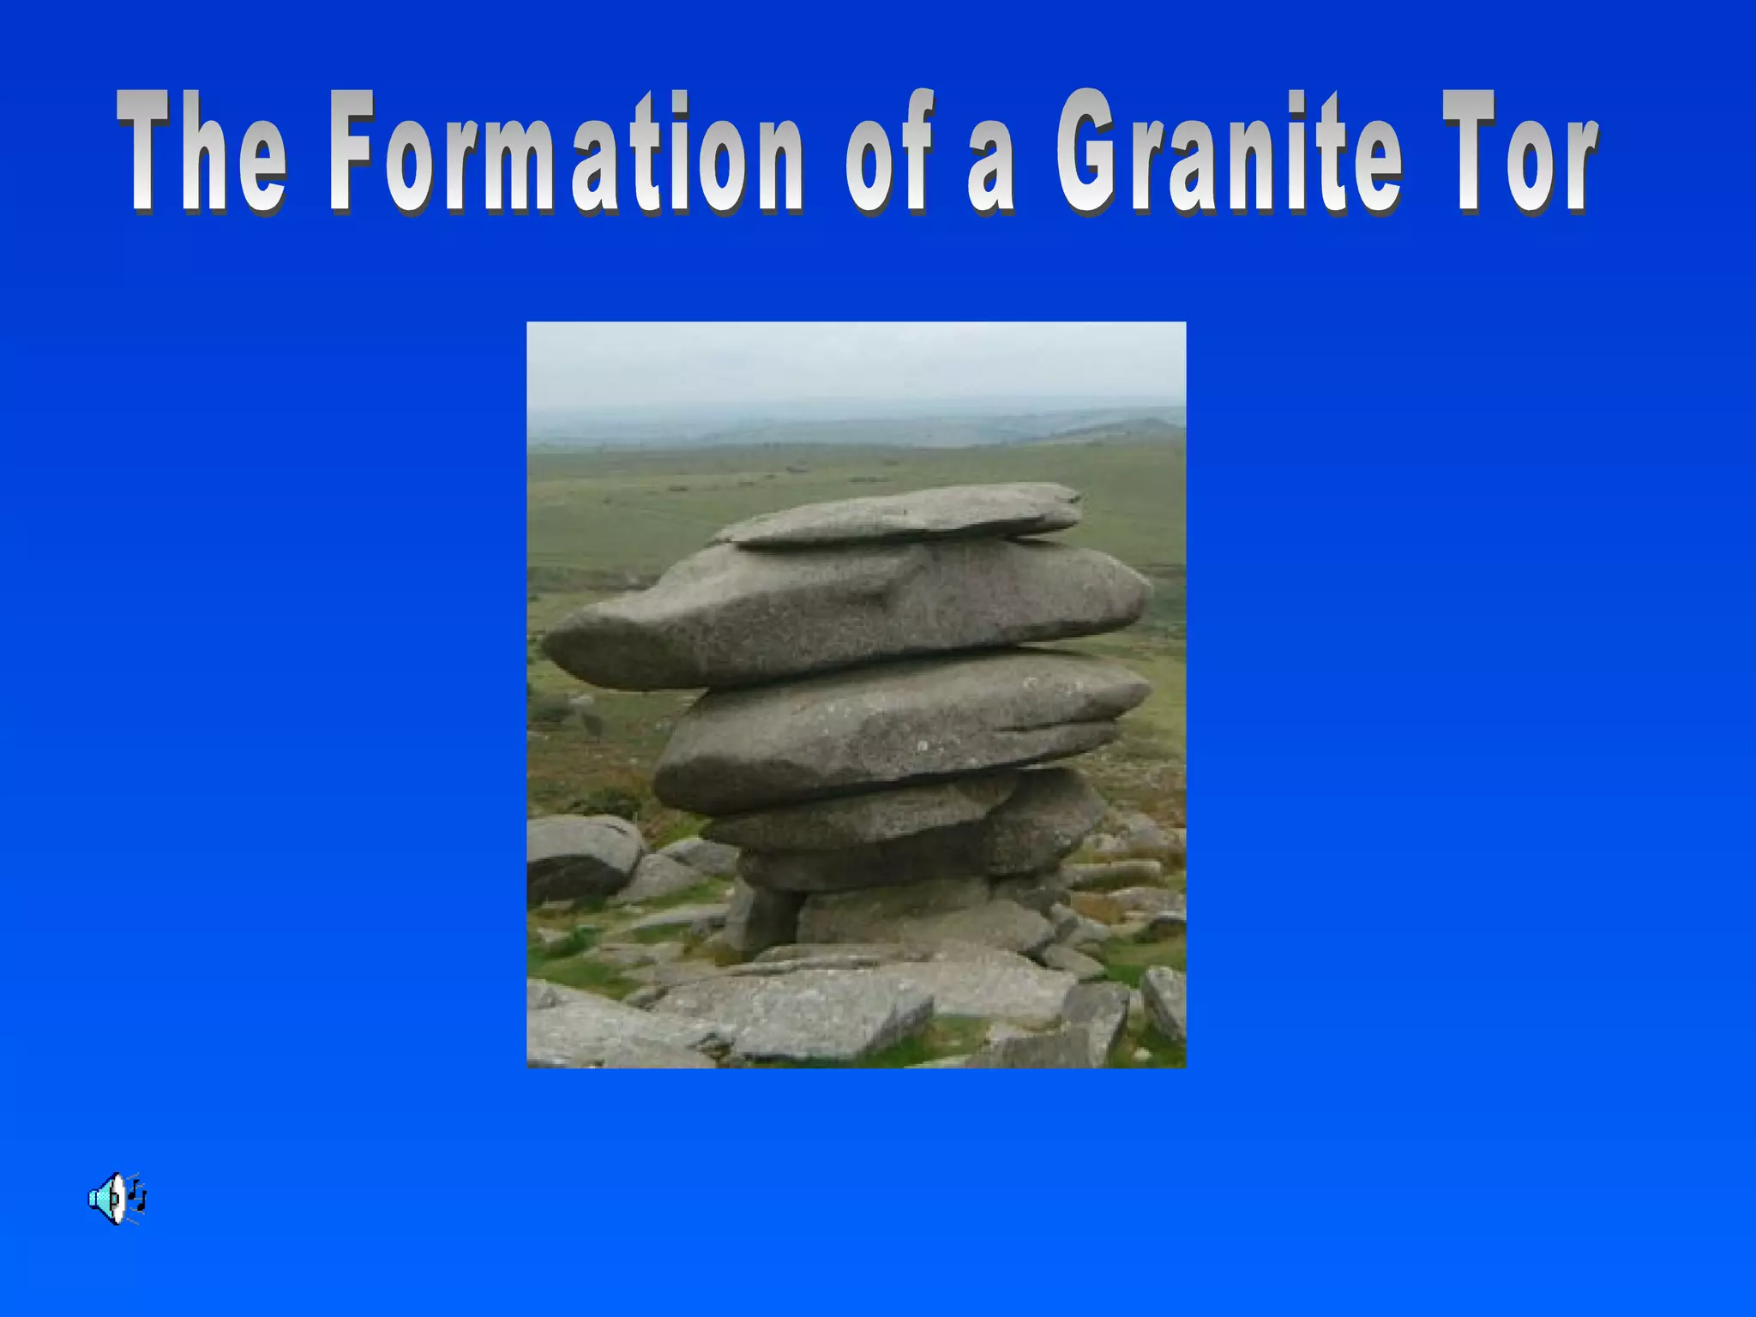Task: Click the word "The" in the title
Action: tap(202, 153)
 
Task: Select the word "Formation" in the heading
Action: tap(566, 153)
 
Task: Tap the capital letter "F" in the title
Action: tap(352, 153)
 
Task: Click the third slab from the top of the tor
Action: tap(892, 729)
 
